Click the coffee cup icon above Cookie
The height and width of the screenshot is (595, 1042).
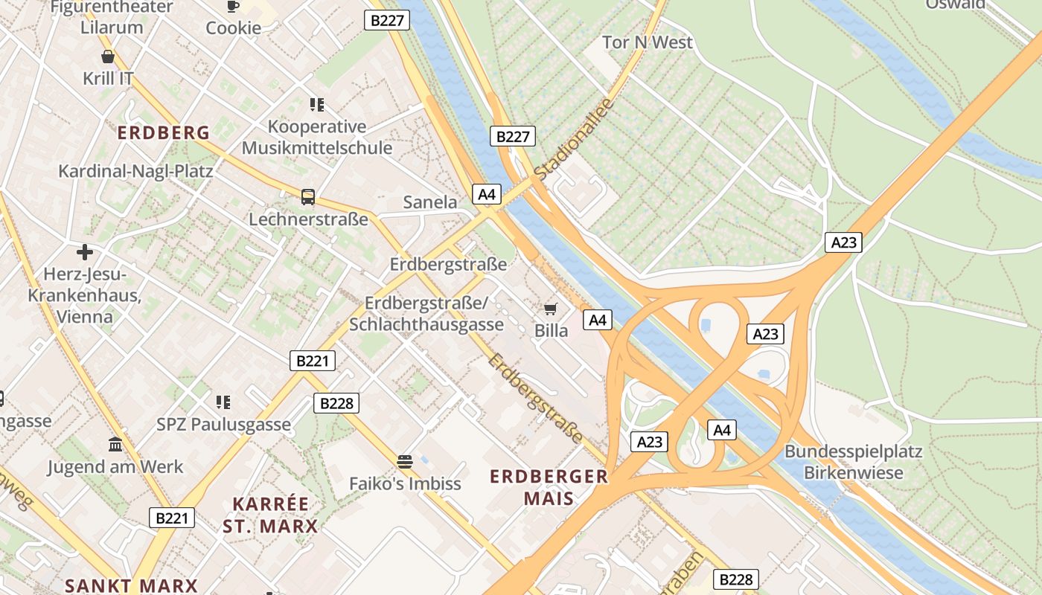(x=233, y=6)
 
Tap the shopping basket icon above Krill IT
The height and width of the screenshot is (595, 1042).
(x=108, y=57)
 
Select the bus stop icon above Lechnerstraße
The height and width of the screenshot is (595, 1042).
(x=308, y=197)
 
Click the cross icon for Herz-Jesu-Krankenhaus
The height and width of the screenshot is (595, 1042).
(x=85, y=252)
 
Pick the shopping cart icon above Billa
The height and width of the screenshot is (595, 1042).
(x=551, y=309)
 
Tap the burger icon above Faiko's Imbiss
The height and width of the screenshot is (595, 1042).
(x=405, y=462)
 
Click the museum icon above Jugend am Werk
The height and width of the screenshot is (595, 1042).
(x=115, y=445)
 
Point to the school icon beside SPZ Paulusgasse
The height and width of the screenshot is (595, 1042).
(x=223, y=402)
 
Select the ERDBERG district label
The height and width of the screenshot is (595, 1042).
(x=164, y=133)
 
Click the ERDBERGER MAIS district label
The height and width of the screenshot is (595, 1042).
(x=549, y=487)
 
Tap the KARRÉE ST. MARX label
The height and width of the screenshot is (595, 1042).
(x=270, y=515)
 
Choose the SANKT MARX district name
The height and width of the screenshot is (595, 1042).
(x=131, y=585)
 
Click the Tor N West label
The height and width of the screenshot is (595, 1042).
(x=647, y=42)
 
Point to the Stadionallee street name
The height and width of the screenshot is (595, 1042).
(x=573, y=139)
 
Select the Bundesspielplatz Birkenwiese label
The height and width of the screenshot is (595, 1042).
(x=854, y=462)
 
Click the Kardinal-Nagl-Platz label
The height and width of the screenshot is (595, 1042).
(x=135, y=171)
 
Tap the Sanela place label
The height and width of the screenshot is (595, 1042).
(x=430, y=202)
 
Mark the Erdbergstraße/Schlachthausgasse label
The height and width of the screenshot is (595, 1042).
(x=426, y=314)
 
